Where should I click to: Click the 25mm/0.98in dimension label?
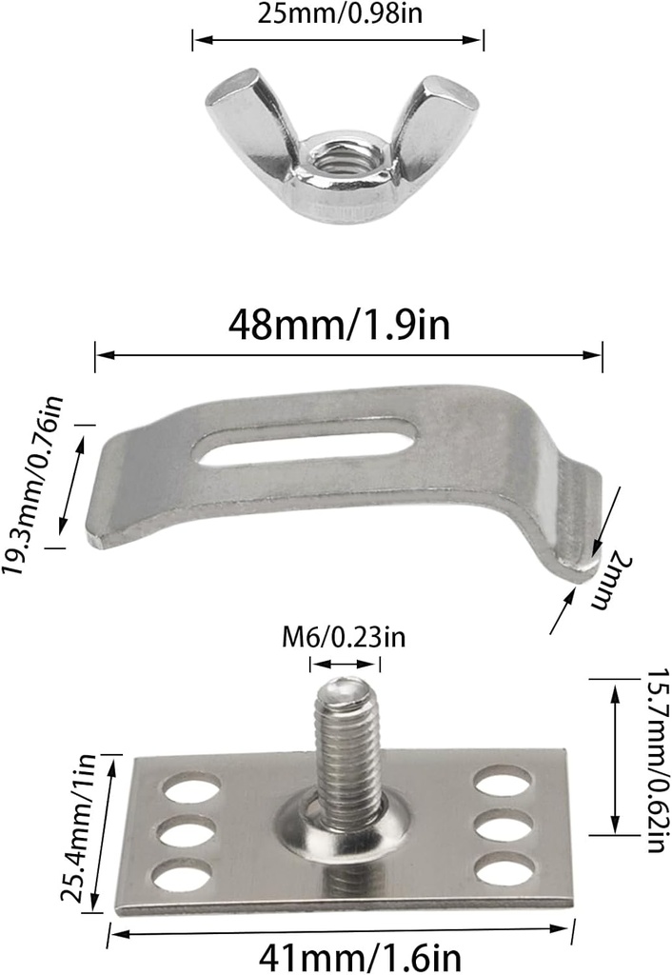[x=338, y=14]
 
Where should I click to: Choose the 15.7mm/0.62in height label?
[x=654, y=761]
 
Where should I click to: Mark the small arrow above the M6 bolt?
[x=348, y=665]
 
